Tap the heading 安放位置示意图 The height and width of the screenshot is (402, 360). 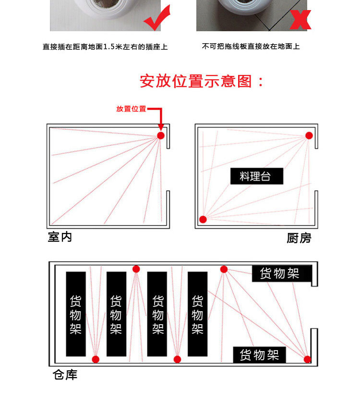(x=202, y=81)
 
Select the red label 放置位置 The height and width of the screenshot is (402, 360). (x=131, y=109)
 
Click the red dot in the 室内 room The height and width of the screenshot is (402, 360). (x=161, y=135)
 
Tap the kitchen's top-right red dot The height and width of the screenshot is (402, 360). (x=310, y=135)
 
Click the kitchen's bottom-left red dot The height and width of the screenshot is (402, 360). (x=203, y=219)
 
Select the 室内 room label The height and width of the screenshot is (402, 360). (x=60, y=237)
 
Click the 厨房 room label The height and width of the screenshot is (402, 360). (x=299, y=238)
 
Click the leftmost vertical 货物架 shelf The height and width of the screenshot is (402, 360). (x=76, y=314)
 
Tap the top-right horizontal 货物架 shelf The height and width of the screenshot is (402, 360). (x=282, y=274)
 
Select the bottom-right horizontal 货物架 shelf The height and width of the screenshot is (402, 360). (x=259, y=355)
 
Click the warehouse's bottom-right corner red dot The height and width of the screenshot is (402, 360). (x=307, y=359)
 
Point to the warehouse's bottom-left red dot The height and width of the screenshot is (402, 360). (x=96, y=359)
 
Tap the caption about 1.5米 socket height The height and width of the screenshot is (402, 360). (x=105, y=47)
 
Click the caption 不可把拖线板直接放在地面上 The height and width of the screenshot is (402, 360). (x=251, y=47)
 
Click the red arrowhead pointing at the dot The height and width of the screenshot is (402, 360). (x=161, y=127)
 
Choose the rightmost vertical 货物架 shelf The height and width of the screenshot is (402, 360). (x=197, y=314)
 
